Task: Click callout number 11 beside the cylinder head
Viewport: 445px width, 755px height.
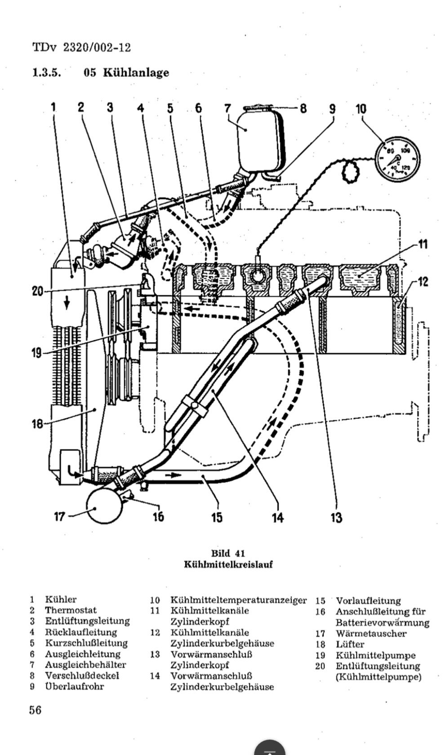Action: (x=423, y=244)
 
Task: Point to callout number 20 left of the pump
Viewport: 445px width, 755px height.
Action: (x=38, y=291)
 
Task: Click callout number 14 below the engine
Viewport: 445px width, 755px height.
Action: (x=278, y=517)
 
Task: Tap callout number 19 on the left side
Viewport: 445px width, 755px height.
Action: (x=37, y=353)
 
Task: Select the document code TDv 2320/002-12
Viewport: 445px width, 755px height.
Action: (x=82, y=47)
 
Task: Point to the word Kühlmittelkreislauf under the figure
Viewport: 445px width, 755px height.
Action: (x=228, y=564)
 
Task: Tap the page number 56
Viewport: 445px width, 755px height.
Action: (x=36, y=710)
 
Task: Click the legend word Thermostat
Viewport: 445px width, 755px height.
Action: (x=71, y=610)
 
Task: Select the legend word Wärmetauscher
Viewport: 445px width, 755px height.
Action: (x=371, y=634)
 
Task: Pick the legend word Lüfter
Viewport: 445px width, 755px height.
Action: (x=350, y=644)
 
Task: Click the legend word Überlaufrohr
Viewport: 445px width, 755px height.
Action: (x=75, y=686)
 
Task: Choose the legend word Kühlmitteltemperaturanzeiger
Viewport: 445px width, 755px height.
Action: (x=239, y=600)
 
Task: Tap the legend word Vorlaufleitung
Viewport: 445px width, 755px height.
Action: (x=368, y=600)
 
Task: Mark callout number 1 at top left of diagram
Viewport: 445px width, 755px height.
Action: (x=53, y=107)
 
